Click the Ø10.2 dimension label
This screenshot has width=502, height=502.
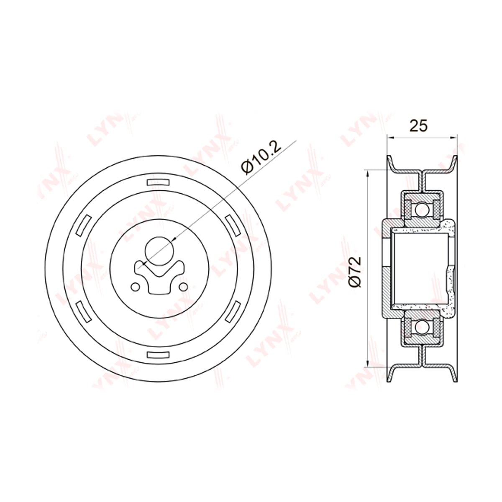[x=261, y=159]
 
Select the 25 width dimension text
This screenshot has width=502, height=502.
[x=419, y=125]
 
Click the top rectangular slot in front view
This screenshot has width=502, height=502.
[x=158, y=182]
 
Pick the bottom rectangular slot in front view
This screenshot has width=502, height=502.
[x=158, y=355]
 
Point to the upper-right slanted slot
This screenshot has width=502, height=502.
[x=232, y=225]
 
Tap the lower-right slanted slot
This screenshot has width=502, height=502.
[x=232, y=312]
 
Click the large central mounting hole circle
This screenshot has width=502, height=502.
[x=159, y=251]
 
